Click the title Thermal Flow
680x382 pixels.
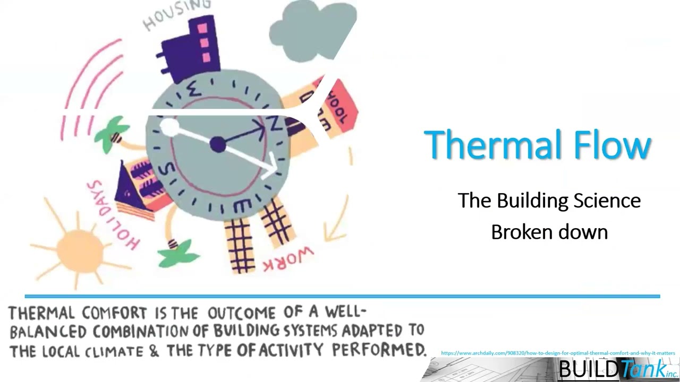click(538, 145)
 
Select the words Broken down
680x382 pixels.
click(549, 232)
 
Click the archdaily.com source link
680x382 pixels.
click(558, 353)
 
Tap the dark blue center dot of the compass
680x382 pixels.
click(218, 145)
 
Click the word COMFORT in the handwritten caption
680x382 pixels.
click(122, 312)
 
